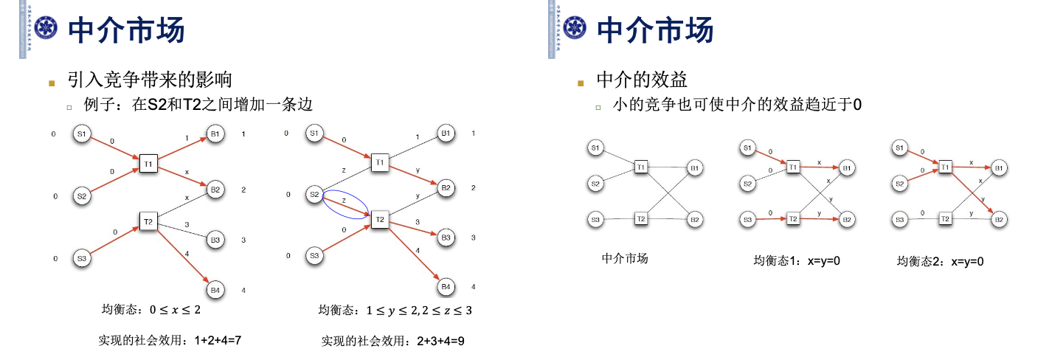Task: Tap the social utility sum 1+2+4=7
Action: click(x=170, y=340)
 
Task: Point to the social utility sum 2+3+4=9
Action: click(x=392, y=341)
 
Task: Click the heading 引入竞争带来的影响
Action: click(x=150, y=79)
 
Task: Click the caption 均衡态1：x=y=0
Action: click(x=797, y=261)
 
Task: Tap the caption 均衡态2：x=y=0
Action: click(x=940, y=261)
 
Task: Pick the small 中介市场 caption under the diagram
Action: click(x=625, y=258)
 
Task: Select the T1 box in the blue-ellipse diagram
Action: click(x=380, y=162)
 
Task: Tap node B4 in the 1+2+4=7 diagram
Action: click(x=215, y=291)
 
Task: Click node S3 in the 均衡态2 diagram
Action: click(x=899, y=219)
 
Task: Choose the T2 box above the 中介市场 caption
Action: click(x=640, y=219)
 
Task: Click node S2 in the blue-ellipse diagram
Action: click(x=315, y=195)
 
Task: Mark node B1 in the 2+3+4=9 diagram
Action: click(x=445, y=134)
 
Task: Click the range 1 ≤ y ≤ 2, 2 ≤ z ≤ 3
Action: click(x=419, y=311)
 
